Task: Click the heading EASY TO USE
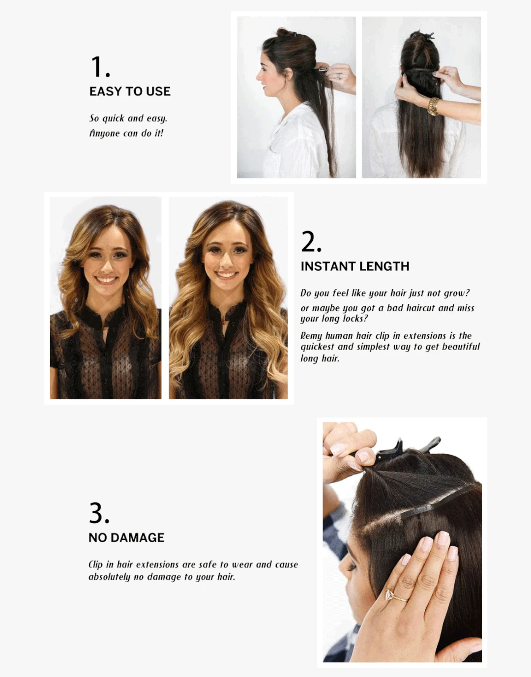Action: click(x=130, y=91)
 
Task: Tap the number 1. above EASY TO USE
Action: click(x=100, y=67)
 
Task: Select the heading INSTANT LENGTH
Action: click(x=354, y=266)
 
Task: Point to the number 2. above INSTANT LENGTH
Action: click(x=311, y=242)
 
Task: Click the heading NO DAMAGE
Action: click(x=126, y=538)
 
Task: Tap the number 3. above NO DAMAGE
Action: click(x=99, y=513)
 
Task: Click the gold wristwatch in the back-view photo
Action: click(x=433, y=106)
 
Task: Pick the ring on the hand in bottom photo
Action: click(x=393, y=595)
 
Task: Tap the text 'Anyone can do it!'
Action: click(x=126, y=133)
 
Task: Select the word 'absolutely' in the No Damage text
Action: click(x=109, y=577)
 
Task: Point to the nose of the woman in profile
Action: click(x=258, y=77)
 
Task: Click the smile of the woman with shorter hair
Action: click(x=106, y=280)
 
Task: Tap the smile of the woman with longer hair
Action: click(x=227, y=274)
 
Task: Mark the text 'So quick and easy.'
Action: click(x=128, y=118)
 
